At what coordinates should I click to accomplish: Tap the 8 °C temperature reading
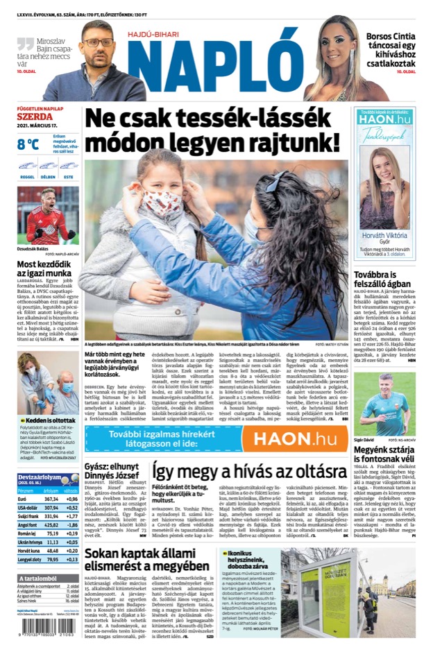(x=28, y=144)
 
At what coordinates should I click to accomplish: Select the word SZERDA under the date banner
(x=35, y=117)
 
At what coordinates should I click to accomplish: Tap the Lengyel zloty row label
(x=28, y=558)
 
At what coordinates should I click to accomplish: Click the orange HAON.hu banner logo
(x=294, y=439)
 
